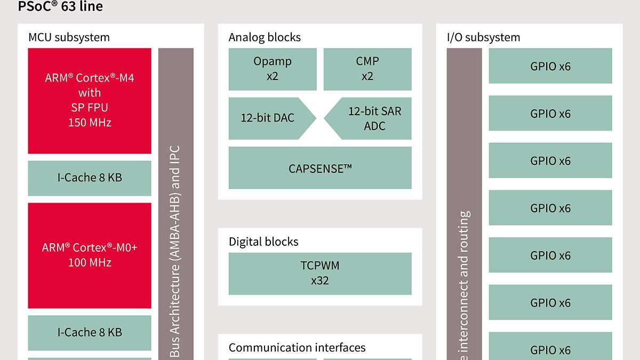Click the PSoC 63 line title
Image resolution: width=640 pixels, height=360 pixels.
(x=60, y=7)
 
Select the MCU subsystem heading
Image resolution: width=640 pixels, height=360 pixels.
(x=69, y=37)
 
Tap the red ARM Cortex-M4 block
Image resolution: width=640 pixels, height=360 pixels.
(x=90, y=100)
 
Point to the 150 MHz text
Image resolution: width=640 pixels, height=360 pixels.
(x=90, y=123)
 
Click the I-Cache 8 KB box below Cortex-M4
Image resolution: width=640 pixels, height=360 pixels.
(x=90, y=178)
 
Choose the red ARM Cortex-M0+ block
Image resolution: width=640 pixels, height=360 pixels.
(x=90, y=255)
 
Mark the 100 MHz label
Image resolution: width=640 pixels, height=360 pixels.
(x=90, y=262)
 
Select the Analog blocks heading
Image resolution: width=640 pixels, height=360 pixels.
(x=265, y=37)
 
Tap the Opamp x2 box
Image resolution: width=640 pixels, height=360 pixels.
(x=273, y=69)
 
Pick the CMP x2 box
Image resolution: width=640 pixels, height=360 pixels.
(x=367, y=69)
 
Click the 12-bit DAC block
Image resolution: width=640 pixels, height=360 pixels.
(x=269, y=118)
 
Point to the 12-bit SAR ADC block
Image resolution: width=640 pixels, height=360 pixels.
(x=371, y=118)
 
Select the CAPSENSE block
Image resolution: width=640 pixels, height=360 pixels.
(x=320, y=169)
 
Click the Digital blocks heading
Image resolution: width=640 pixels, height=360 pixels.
(x=263, y=242)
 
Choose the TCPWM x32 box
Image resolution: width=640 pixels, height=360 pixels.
(x=320, y=273)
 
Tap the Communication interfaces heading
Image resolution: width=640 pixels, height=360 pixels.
(x=297, y=348)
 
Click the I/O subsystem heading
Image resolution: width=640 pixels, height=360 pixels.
(x=483, y=37)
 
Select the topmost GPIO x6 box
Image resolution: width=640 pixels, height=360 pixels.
(x=550, y=66)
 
